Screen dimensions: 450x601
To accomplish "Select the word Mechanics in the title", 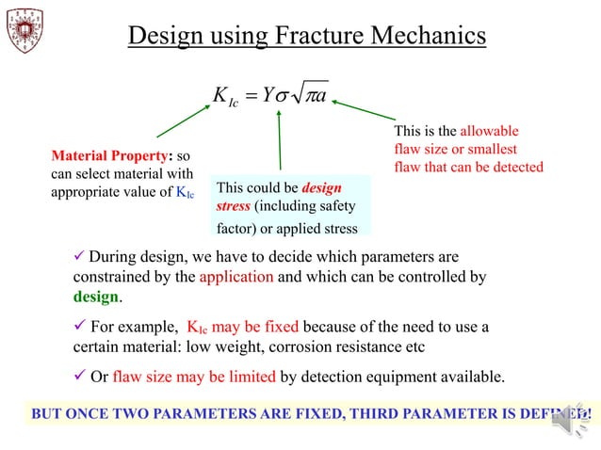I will click(x=427, y=36).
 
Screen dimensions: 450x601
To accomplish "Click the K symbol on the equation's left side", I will click(x=222, y=98).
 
